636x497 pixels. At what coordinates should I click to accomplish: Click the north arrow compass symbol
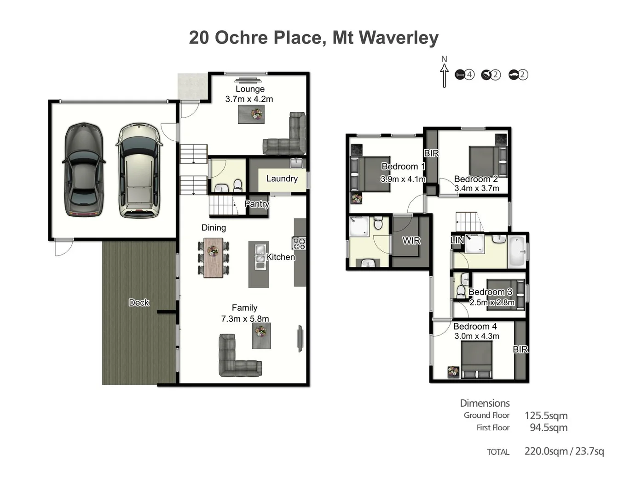[444, 74]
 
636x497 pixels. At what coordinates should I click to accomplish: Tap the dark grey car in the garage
[83, 170]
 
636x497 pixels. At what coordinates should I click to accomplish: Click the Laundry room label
[282, 179]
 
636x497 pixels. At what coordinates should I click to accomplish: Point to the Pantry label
[256, 204]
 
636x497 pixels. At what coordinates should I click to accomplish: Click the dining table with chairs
[213, 257]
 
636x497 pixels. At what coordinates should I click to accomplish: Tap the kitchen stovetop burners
[299, 243]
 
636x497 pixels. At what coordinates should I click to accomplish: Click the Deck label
[139, 302]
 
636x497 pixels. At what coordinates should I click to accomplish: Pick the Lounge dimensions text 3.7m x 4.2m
[249, 99]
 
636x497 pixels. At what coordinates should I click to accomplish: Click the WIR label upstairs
[411, 240]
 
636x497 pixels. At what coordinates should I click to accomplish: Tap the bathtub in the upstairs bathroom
[517, 252]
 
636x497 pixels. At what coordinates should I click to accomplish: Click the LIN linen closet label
[457, 240]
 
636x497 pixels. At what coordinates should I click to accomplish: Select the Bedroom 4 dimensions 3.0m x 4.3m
[476, 336]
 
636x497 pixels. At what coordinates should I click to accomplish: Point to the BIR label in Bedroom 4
[520, 349]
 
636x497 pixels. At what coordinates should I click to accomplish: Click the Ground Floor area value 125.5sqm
[546, 416]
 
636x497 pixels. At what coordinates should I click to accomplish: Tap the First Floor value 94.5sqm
[548, 428]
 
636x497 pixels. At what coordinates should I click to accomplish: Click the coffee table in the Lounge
[251, 114]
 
